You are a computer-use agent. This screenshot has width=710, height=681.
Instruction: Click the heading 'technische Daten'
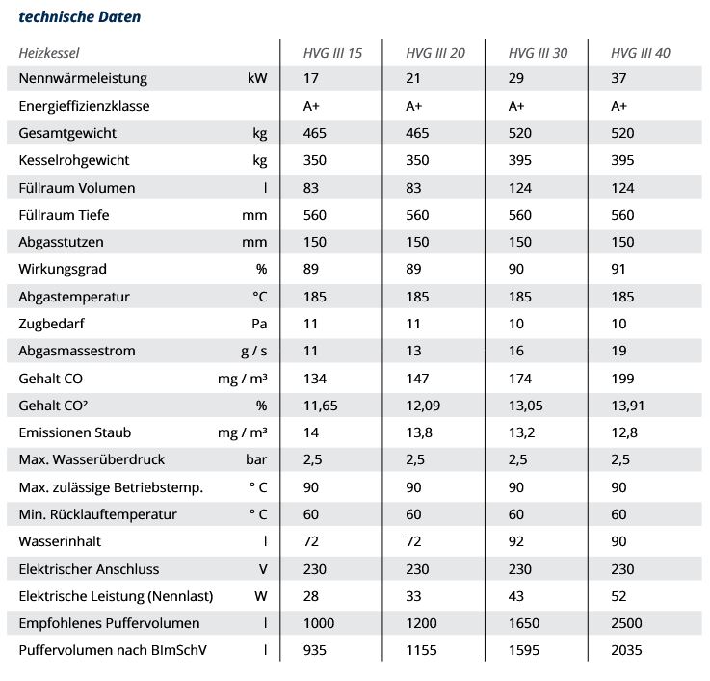[x=79, y=16]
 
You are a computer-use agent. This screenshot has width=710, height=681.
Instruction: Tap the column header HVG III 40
[x=640, y=52]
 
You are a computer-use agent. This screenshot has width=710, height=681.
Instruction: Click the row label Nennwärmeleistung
[x=83, y=78]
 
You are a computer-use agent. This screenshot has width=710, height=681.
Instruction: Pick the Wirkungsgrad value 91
[x=619, y=269]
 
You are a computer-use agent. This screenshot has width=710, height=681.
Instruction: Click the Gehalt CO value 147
[x=417, y=379]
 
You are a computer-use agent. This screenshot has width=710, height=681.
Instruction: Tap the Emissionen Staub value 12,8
[x=623, y=432]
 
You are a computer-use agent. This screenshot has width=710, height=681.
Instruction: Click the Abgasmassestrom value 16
[x=516, y=351]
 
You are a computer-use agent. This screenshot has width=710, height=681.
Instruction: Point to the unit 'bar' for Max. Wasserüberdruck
[x=255, y=459]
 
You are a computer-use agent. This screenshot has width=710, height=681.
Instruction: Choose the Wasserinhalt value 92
[x=516, y=541]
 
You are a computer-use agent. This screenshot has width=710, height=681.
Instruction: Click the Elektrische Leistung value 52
[x=619, y=596]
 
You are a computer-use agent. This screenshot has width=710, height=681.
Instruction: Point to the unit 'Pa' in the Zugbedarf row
[x=258, y=324]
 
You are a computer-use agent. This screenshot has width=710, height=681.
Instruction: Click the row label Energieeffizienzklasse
[x=84, y=105]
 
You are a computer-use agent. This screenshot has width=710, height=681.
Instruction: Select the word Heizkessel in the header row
[x=49, y=52]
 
